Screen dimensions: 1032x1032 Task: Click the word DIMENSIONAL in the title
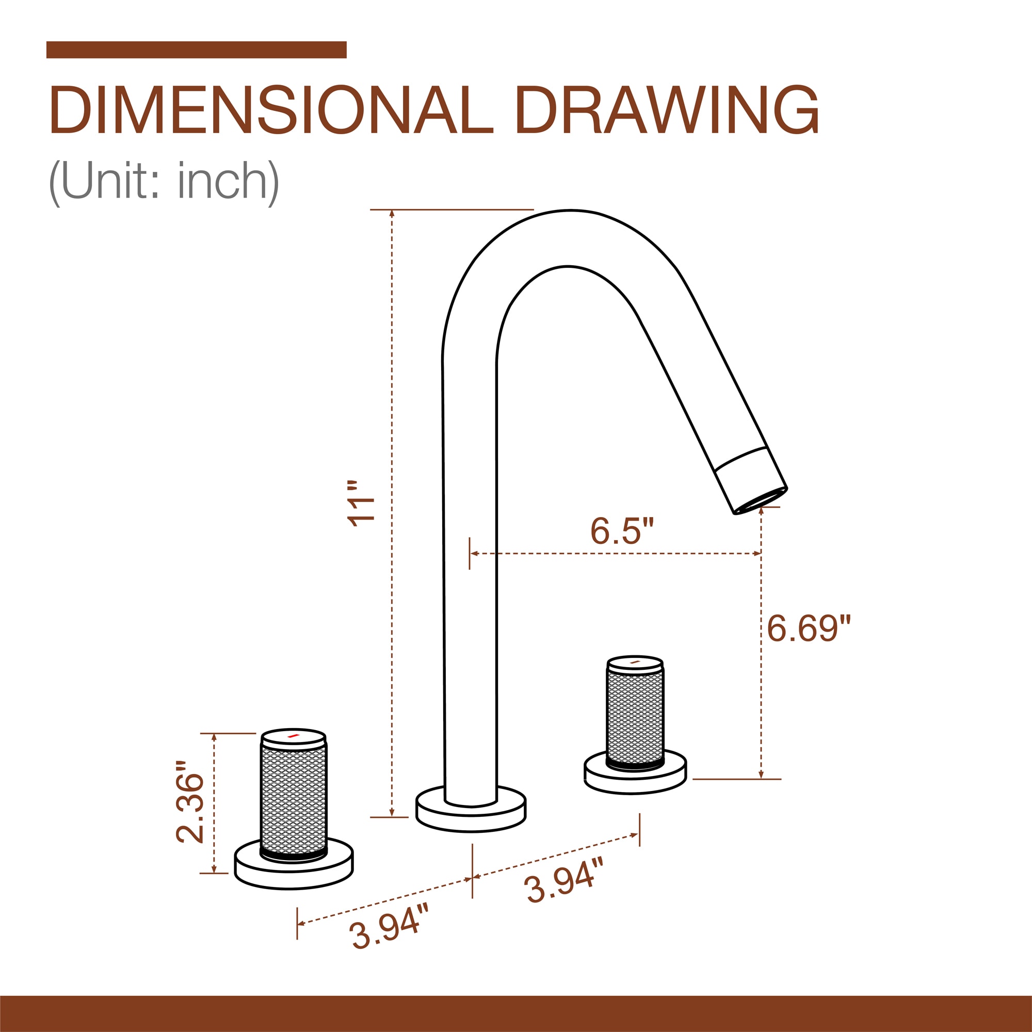point(271,110)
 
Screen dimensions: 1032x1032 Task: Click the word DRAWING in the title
point(667,110)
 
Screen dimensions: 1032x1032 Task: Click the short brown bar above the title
point(197,50)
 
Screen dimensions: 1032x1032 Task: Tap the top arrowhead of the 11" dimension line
point(392,214)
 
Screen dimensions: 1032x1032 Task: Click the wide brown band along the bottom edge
point(516,1013)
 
